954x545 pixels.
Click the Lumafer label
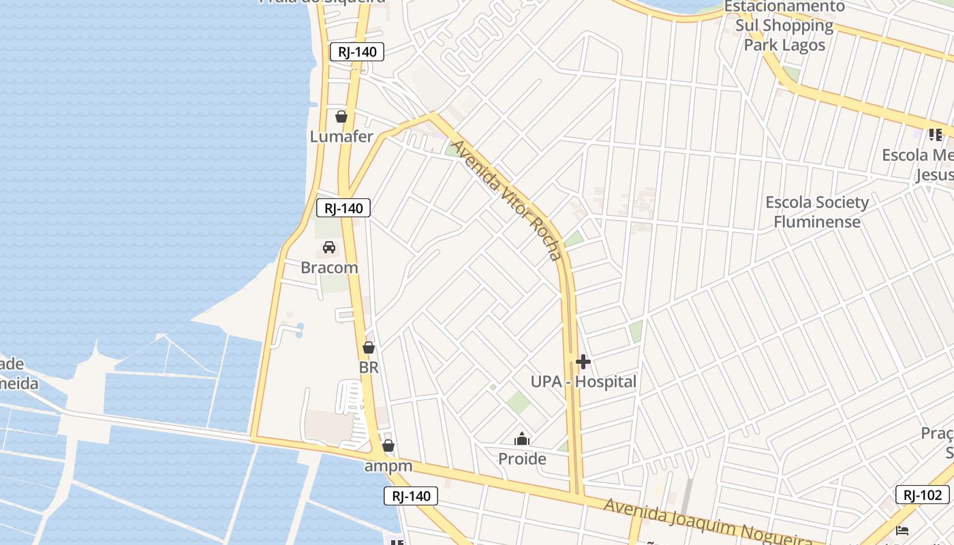[x=341, y=136]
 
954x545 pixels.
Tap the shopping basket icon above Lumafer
[x=341, y=116]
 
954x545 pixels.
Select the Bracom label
[x=329, y=268]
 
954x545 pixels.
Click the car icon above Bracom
[x=329, y=247]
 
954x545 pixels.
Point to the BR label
[x=369, y=367]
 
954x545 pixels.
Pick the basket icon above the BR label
[x=369, y=347]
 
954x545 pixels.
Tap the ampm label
[x=388, y=466]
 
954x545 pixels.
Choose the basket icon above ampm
[x=388, y=446]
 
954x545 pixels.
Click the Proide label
[x=522, y=458]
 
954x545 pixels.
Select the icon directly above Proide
[x=522, y=439]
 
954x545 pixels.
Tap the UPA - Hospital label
[x=583, y=381]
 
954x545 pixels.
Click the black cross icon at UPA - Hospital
[x=583, y=362]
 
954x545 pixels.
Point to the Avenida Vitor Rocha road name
[x=508, y=200]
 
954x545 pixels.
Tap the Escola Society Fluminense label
[x=817, y=212]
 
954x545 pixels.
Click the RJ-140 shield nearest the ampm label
[x=411, y=496]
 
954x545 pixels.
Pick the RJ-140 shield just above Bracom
[x=343, y=208]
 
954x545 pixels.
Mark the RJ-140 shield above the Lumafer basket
[x=357, y=52]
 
